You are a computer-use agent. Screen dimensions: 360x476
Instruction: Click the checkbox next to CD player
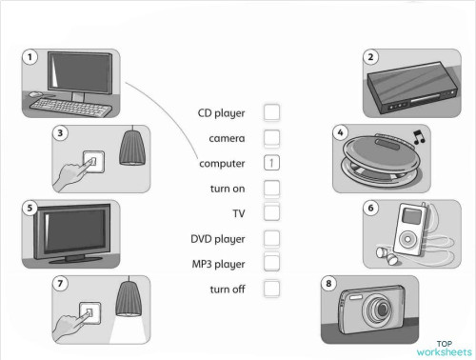click(x=271, y=112)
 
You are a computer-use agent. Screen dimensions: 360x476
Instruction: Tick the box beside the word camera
click(x=271, y=138)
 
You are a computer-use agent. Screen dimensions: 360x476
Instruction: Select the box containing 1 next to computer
click(x=271, y=163)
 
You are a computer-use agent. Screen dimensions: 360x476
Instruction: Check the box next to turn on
click(x=271, y=188)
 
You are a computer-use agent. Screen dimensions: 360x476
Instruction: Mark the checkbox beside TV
click(x=271, y=212)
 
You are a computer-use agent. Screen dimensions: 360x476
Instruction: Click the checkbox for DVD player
click(x=271, y=238)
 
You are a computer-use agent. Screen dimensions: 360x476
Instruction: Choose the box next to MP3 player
click(x=271, y=262)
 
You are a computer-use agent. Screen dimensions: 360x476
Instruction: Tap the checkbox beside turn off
click(x=271, y=288)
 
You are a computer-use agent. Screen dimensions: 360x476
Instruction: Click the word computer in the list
click(x=222, y=164)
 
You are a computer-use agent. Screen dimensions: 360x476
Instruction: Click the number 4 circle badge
click(x=341, y=132)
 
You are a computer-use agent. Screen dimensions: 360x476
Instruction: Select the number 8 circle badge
click(x=329, y=284)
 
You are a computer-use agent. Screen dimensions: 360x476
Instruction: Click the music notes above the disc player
click(x=417, y=140)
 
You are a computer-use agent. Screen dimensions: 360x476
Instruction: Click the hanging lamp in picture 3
click(x=131, y=148)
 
